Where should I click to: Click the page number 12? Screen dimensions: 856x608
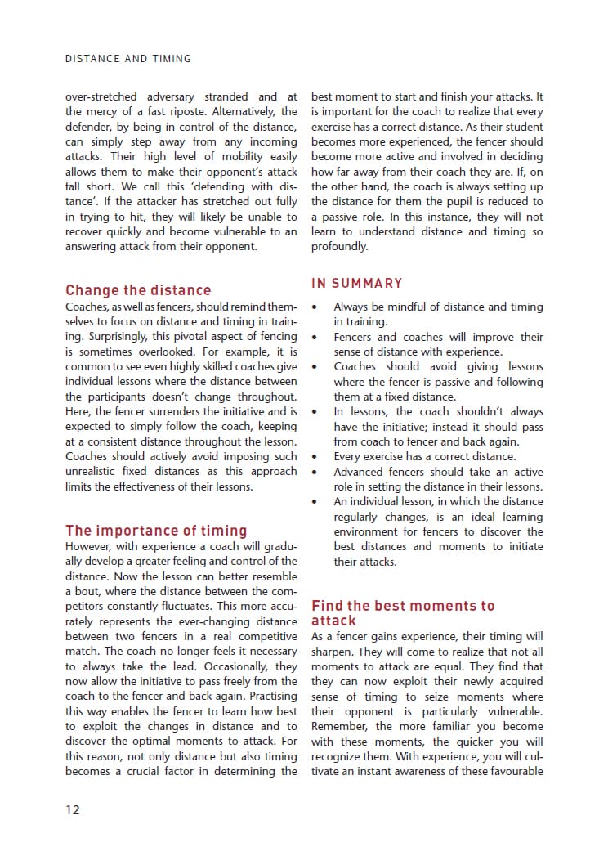click(x=73, y=809)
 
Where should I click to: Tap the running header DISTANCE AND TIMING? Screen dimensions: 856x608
click(x=128, y=59)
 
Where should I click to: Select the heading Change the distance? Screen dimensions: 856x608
click(x=138, y=290)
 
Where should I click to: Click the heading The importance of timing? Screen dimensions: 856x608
click(x=156, y=531)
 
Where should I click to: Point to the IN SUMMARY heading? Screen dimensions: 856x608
click(x=357, y=283)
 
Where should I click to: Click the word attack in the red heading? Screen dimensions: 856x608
click(x=333, y=621)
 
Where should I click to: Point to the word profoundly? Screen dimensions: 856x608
click(x=339, y=246)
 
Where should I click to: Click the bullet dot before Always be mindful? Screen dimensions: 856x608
click(x=315, y=307)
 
